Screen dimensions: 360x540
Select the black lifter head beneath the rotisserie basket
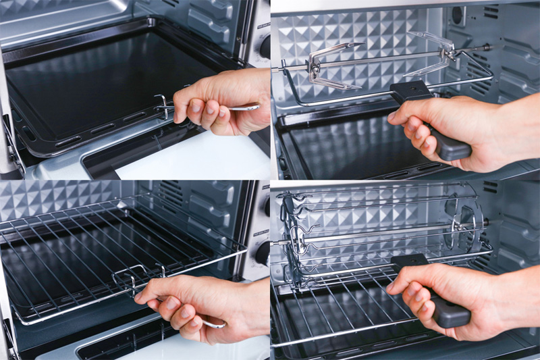408,261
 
